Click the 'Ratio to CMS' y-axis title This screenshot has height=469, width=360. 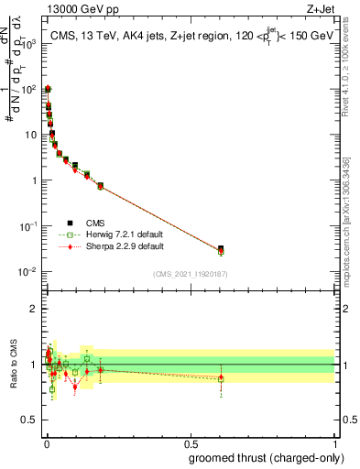[x=14, y=365]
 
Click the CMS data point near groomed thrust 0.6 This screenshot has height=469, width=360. [x=221, y=249]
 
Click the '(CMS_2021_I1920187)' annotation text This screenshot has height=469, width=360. [x=190, y=273]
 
